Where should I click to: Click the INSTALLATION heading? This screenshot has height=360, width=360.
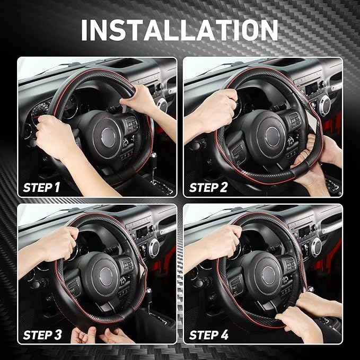pyautogui.click(x=179, y=30)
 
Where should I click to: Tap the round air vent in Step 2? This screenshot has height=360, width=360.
pyautogui.click(x=324, y=106)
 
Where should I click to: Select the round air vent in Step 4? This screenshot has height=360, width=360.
pyautogui.click(x=317, y=247)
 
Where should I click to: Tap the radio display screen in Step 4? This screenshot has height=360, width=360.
pyautogui.click(x=306, y=232)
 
